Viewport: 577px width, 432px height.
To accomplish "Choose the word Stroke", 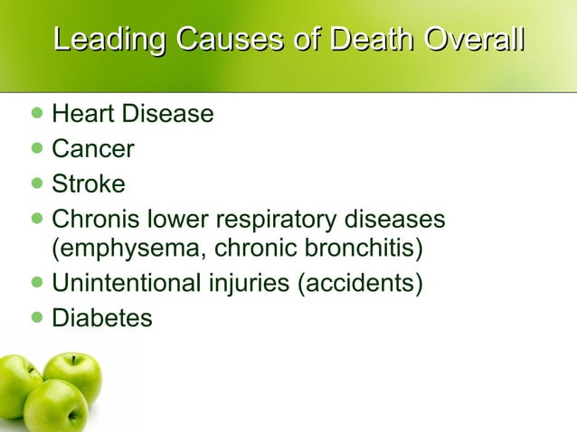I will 88,184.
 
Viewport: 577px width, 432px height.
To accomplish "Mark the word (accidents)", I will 360,283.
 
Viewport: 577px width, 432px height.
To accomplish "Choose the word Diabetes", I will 102,318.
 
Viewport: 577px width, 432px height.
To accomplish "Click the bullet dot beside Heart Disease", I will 36,114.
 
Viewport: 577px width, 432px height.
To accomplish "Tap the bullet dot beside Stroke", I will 36,184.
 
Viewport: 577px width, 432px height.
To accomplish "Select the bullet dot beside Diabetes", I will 36,318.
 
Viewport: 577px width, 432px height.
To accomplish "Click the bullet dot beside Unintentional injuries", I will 36,283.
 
